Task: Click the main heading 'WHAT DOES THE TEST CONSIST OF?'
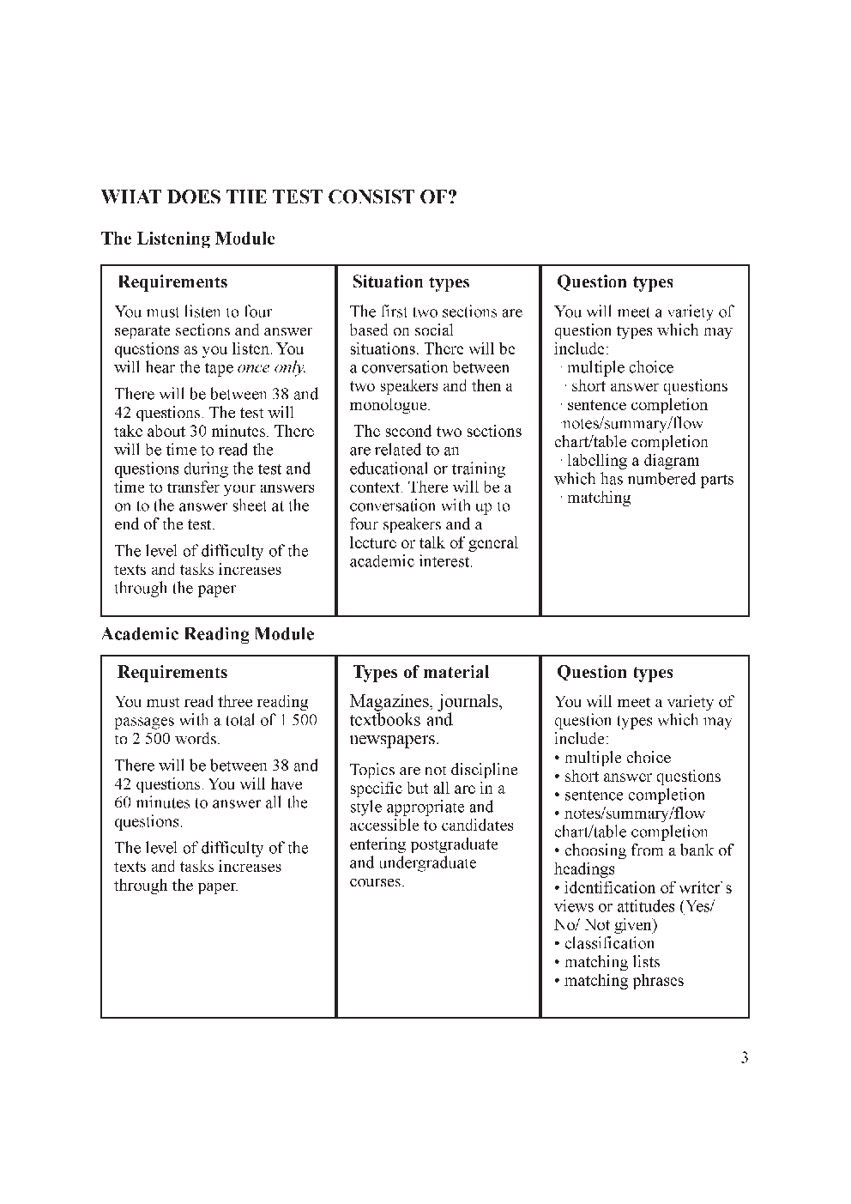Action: click(x=279, y=197)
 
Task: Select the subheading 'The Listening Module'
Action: click(x=188, y=239)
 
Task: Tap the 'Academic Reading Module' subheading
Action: click(x=208, y=634)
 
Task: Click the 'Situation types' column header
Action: click(x=411, y=282)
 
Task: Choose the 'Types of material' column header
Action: click(x=421, y=673)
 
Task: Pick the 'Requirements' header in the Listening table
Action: click(x=172, y=282)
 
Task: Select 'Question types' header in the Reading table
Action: click(x=614, y=673)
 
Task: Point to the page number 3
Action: click(x=745, y=1058)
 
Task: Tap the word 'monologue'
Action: click(x=389, y=405)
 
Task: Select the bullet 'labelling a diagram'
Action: click(x=632, y=461)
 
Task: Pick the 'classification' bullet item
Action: click(x=608, y=944)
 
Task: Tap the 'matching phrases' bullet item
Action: click(x=623, y=981)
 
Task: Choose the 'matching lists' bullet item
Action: click(x=611, y=963)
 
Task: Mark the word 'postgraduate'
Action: click(x=454, y=844)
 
